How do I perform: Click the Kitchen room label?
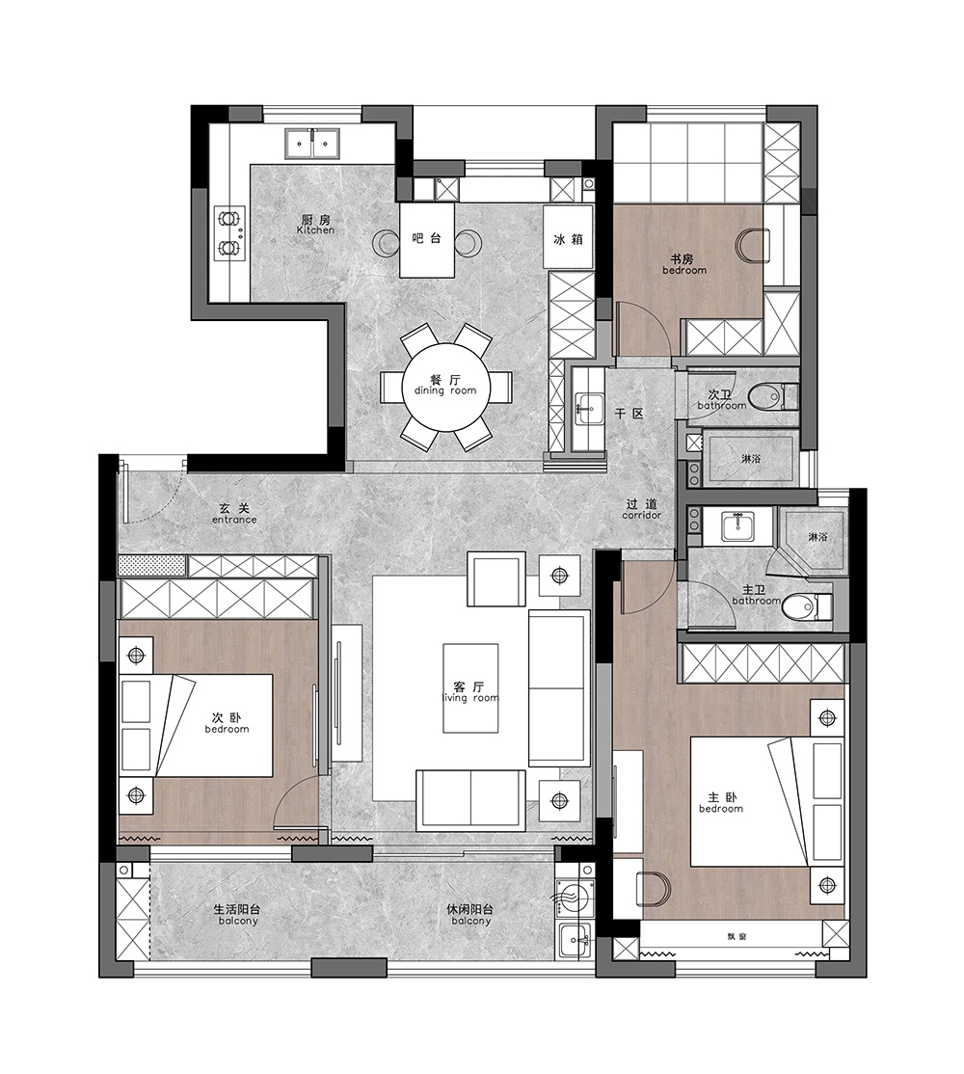point(315,225)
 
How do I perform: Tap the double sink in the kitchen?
point(312,143)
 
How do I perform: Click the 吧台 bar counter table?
point(427,240)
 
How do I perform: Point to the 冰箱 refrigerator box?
point(568,238)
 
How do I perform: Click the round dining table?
point(446,387)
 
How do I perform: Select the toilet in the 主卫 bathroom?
point(807,605)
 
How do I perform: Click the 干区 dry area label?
point(629,415)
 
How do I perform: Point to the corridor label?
point(642,510)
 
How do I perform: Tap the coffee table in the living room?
point(470,687)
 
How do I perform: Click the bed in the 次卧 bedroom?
point(198,725)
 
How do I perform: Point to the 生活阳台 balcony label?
point(237,915)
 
